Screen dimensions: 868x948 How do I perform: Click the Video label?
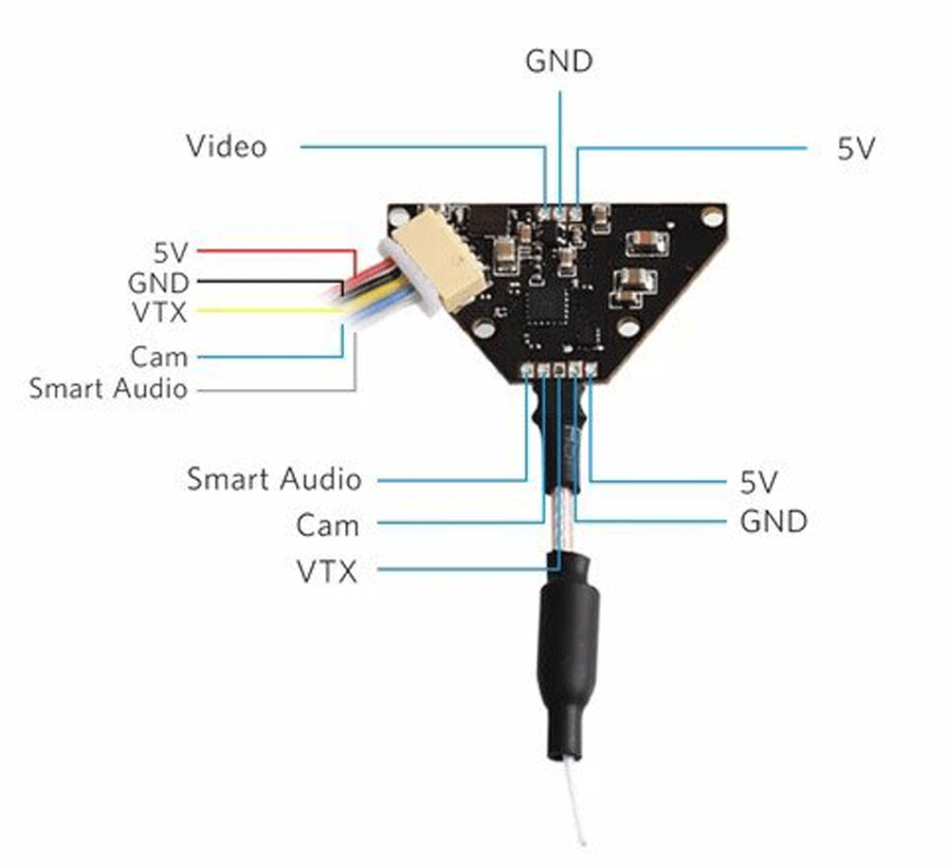pyautogui.click(x=226, y=147)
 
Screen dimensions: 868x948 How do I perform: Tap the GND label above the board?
pyautogui.click(x=559, y=62)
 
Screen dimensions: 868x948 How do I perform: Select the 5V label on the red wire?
pyautogui.click(x=172, y=252)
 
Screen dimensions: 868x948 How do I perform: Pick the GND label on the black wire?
pyautogui.click(x=157, y=283)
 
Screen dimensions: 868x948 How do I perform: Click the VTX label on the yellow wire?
pyautogui.click(x=159, y=311)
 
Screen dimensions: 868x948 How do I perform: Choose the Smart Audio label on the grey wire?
pyautogui.click(x=108, y=388)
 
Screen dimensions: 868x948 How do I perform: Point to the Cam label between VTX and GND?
pyautogui.click(x=327, y=525)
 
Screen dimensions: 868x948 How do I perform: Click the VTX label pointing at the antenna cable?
pyautogui.click(x=327, y=571)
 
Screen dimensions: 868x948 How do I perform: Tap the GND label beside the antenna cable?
pyautogui.click(x=773, y=521)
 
